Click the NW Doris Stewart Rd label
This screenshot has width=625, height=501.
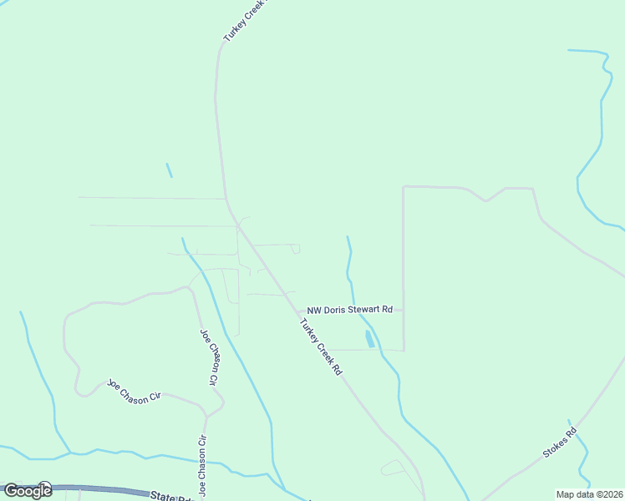[349, 310]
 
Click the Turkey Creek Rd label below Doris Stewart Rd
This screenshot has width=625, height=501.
[322, 347]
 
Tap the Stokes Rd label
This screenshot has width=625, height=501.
[560, 443]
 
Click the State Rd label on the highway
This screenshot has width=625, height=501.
[171, 496]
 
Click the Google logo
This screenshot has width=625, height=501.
[28, 491]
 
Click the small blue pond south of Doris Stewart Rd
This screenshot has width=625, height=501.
[369, 338]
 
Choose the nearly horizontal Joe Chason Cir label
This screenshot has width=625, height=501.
[133, 392]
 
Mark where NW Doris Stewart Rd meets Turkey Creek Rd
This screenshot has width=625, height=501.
[297, 311]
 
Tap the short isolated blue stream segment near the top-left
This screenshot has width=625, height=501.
[169, 170]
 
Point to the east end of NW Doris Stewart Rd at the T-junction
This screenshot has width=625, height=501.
[404, 310]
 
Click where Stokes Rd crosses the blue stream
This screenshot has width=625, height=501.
[573, 433]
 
